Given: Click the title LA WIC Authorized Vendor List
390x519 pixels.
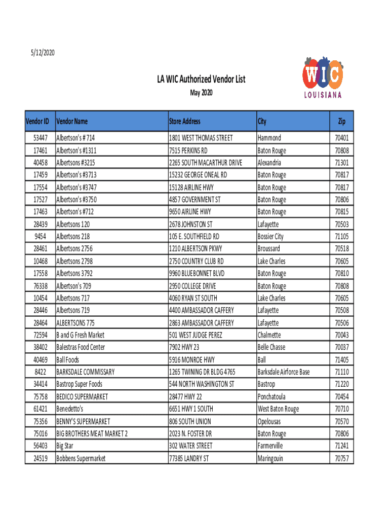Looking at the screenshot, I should point(201,80).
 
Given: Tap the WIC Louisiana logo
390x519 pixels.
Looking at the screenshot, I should point(323,78).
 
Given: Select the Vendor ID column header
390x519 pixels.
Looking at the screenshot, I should point(37,122).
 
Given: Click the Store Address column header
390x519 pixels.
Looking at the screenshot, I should point(184,122).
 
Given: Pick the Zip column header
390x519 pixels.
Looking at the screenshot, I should point(342,122).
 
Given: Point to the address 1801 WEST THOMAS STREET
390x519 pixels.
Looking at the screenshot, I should point(201,138).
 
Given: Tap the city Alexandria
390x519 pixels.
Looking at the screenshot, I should point(269,163).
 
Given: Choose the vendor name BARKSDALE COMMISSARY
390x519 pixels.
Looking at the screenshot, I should point(85,372).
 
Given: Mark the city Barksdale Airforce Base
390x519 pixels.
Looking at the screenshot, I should point(283,372).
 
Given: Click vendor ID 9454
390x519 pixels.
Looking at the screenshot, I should point(42,237).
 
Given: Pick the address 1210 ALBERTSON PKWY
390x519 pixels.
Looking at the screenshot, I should point(195,249).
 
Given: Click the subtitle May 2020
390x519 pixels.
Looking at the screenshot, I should point(201,93).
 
